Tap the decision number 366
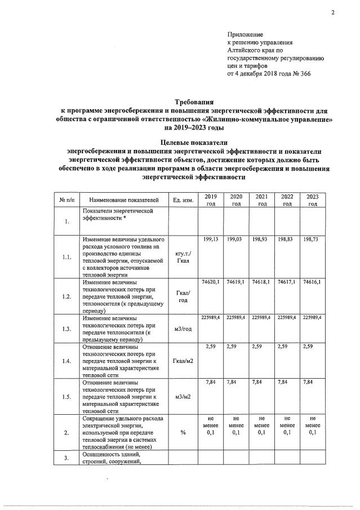(303, 74)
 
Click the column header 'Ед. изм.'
(184, 200)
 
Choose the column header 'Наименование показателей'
(125, 200)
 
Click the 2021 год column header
(262, 200)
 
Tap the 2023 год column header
(312, 200)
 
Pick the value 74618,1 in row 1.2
(261, 281)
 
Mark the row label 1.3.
(66, 329)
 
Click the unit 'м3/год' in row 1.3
(184, 329)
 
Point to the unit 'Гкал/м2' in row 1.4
(184, 361)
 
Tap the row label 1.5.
(66, 397)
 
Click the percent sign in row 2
(184, 432)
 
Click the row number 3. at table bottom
(66, 458)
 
